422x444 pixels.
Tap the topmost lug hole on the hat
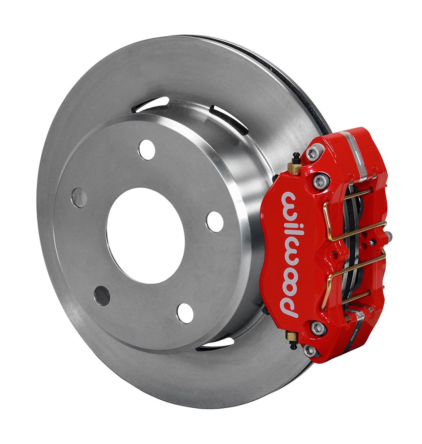pos(147,149)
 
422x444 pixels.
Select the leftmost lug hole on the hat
pos(79,198)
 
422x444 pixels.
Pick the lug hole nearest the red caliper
pos(215,222)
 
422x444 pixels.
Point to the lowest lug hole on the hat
pos(185,313)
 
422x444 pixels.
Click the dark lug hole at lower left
pos(102,295)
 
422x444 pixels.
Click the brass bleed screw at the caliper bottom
pos(292,338)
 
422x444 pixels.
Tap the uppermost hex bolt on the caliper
pos(313,154)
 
